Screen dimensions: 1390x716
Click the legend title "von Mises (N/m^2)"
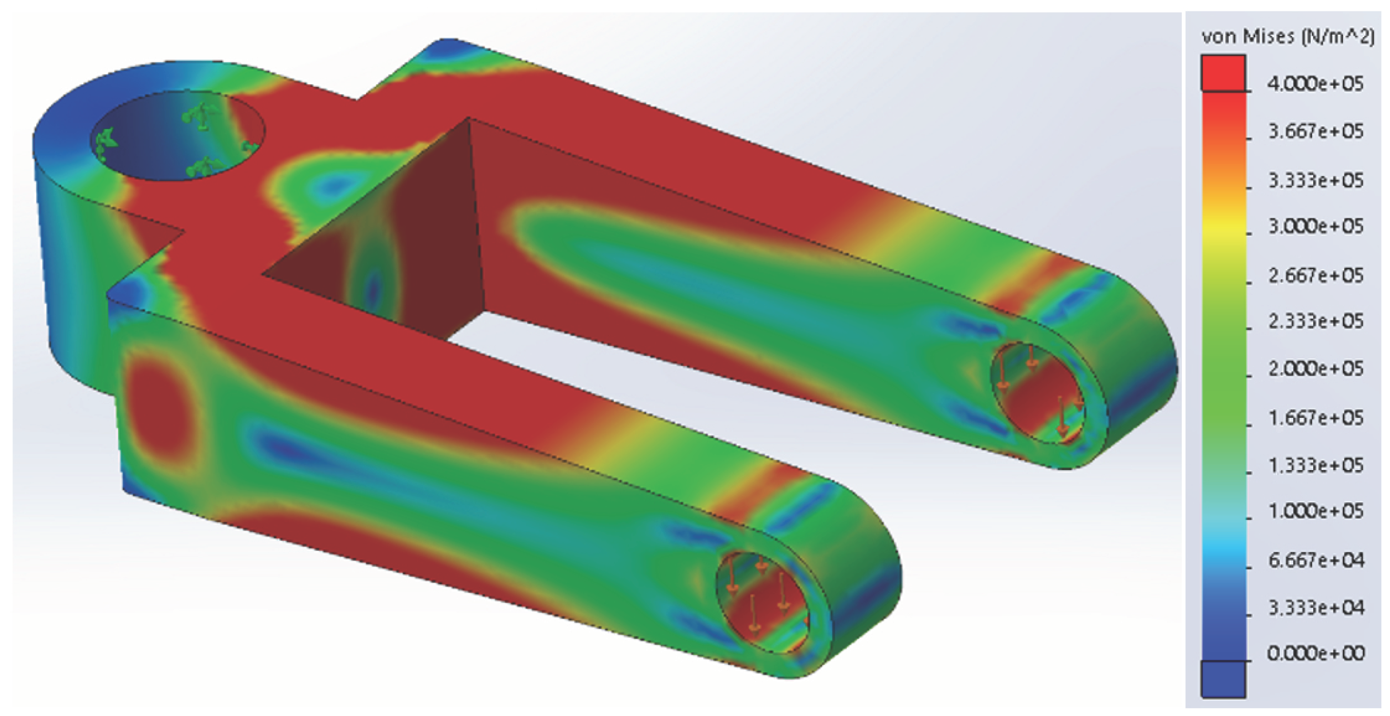1287,37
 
